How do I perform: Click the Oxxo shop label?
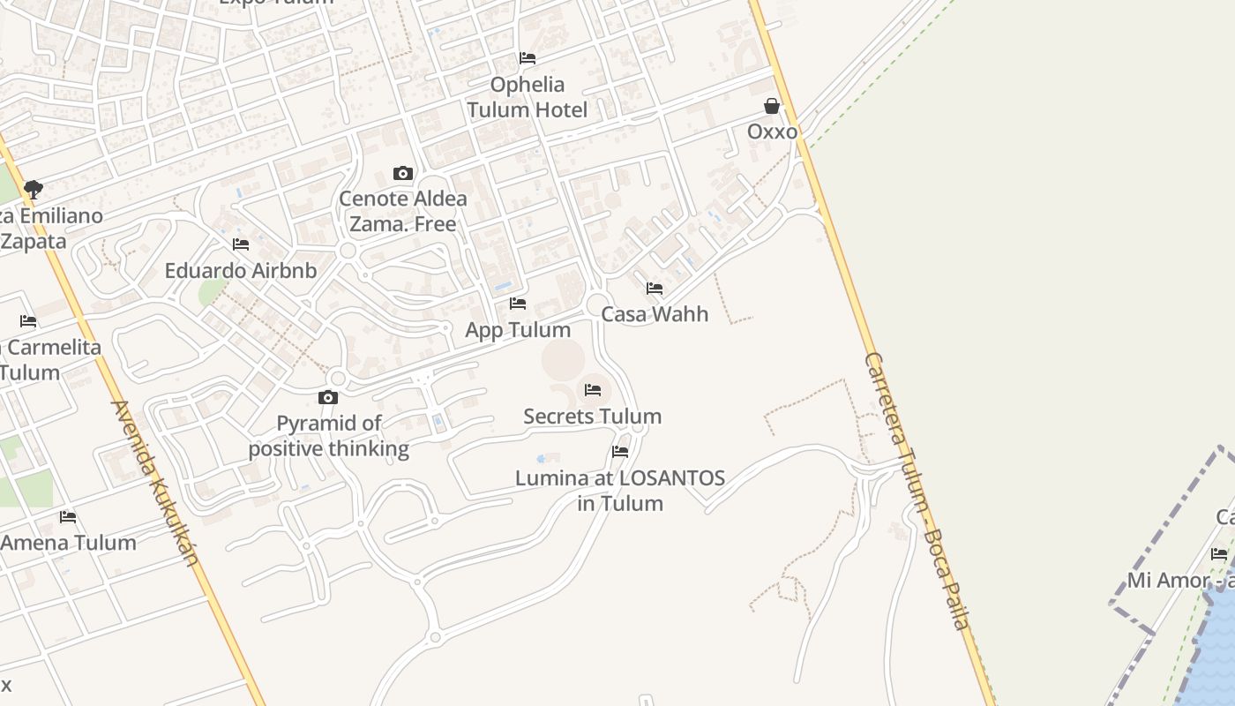pyautogui.click(x=772, y=131)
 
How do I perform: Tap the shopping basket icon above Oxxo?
pyautogui.click(x=772, y=107)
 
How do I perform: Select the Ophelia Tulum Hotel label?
pyautogui.click(x=527, y=97)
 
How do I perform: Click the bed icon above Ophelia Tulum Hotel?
pyautogui.click(x=528, y=58)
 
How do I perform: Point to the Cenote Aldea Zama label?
pyautogui.click(x=403, y=211)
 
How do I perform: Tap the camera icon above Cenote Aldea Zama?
pyautogui.click(x=403, y=173)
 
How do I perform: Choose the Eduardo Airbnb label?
pyautogui.click(x=241, y=270)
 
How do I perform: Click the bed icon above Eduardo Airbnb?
pyautogui.click(x=241, y=244)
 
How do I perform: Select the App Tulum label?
pyautogui.click(x=518, y=329)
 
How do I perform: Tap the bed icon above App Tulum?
pyautogui.click(x=518, y=304)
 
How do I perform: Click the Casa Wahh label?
pyautogui.click(x=655, y=314)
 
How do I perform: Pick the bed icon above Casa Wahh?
pyautogui.click(x=655, y=289)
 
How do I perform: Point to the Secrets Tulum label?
pyautogui.click(x=592, y=416)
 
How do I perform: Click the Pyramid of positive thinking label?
pyautogui.click(x=328, y=436)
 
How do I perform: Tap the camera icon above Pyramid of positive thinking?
pyautogui.click(x=328, y=398)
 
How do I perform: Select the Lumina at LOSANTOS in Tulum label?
pyautogui.click(x=620, y=491)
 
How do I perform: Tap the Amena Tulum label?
pyautogui.click(x=68, y=543)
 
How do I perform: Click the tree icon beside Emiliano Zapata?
pyautogui.click(x=34, y=190)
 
